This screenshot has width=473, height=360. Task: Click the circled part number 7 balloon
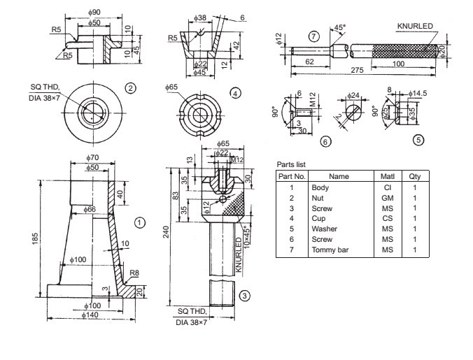313,36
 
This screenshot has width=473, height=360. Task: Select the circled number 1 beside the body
140,222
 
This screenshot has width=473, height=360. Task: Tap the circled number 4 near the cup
236,92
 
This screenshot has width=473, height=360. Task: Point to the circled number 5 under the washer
418,140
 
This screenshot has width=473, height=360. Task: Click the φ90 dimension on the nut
95,13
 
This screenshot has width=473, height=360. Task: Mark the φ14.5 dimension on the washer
419,94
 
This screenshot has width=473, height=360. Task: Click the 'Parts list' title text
292,164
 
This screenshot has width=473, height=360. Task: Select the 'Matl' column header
387,177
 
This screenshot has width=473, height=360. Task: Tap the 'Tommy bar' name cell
330,250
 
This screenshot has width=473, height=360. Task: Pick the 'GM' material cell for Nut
387,198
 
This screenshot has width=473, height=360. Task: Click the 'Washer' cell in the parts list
325,229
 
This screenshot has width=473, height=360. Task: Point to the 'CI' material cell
387,187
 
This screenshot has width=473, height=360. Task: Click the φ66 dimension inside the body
90,209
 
